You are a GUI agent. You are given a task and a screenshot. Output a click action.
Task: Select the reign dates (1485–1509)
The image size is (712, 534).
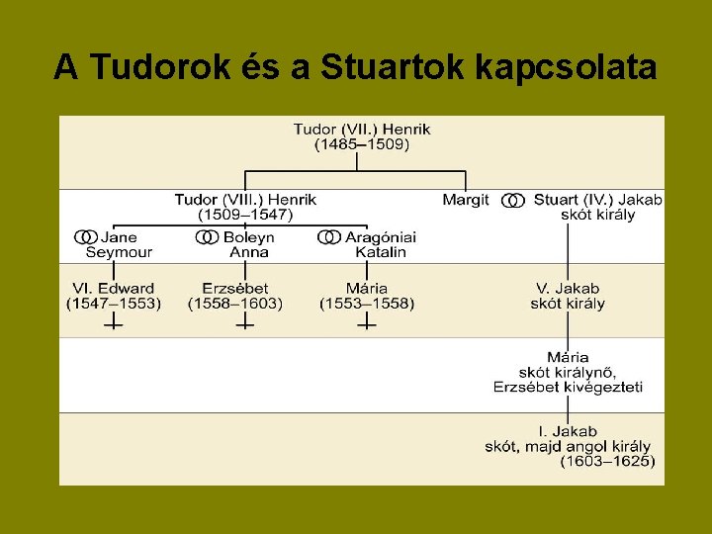pyautogui.click(x=362, y=144)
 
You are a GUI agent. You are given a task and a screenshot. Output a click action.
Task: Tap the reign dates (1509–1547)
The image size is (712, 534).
pyautogui.click(x=245, y=215)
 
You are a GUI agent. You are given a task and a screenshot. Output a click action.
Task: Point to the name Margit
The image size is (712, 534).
pyautogui.click(x=466, y=200)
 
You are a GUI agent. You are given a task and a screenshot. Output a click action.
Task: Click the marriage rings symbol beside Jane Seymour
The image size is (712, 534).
pyautogui.click(x=85, y=237)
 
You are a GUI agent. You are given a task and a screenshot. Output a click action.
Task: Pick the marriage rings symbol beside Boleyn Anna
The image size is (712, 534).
pyautogui.click(x=207, y=237)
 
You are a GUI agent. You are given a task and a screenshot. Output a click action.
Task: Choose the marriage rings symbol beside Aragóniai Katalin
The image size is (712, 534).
pyautogui.click(x=329, y=237)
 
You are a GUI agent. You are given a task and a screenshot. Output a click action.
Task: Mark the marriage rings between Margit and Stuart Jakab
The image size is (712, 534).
pyautogui.click(x=512, y=200)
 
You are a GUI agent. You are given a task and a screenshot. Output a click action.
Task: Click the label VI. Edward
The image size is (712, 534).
pyautogui.click(x=113, y=288)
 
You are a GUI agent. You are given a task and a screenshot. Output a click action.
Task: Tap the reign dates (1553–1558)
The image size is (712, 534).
pyautogui.click(x=367, y=304)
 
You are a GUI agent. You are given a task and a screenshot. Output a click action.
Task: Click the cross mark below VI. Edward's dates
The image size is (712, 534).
pyautogui.click(x=114, y=322)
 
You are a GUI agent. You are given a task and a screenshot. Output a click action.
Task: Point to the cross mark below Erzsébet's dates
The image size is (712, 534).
pyautogui.click(x=244, y=322)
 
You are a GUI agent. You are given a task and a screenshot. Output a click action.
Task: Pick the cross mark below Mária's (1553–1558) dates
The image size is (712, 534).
pyautogui.click(x=367, y=322)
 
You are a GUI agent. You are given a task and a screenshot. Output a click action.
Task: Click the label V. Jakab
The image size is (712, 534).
pyautogui.click(x=568, y=288)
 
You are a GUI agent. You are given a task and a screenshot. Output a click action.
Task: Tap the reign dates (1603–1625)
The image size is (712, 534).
pyautogui.click(x=606, y=461)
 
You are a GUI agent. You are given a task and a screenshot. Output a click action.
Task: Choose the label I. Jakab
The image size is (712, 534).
pyautogui.click(x=568, y=431)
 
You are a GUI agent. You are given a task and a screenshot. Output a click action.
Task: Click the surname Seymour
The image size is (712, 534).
pyautogui.click(x=119, y=252)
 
